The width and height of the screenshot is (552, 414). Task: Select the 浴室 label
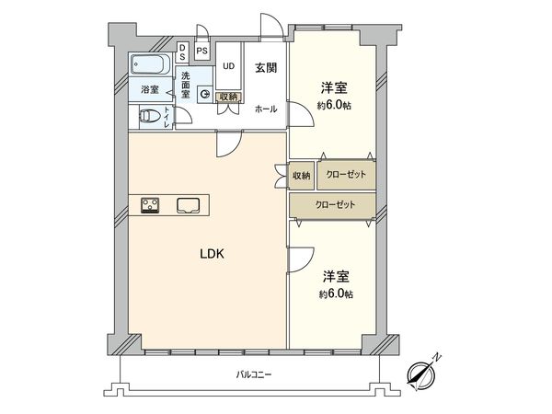[x=149, y=90]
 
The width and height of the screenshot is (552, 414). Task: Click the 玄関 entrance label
[x=267, y=65]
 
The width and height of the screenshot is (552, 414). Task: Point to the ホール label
[x=267, y=109]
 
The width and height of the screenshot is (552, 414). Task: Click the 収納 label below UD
[x=228, y=97]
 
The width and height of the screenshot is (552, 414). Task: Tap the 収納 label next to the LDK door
[x=301, y=175]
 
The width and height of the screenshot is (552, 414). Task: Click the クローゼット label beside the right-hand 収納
[x=346, y=175]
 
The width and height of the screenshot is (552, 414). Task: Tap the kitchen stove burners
[x=151, y=204]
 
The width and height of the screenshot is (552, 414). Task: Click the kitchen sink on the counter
[x=190, y=204]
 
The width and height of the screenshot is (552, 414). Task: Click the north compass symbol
[x=424, y=372]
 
